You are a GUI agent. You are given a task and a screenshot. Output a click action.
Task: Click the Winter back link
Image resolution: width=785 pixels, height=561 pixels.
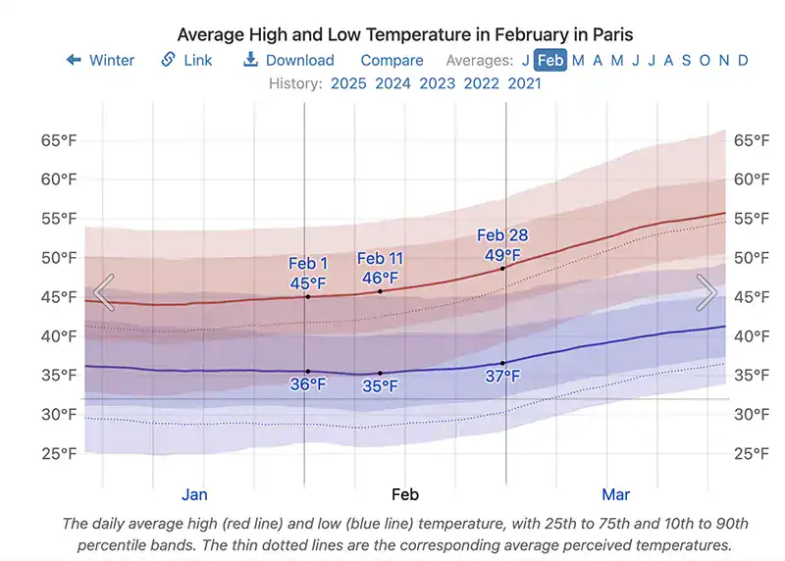coord(101,60)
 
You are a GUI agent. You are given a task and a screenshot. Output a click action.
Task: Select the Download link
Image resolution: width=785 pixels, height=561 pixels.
coord(288,60)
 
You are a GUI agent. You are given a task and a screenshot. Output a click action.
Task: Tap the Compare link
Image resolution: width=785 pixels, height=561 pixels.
coord(392,60)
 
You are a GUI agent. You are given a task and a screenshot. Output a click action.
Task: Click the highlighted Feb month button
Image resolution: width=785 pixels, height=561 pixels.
coord(550,60)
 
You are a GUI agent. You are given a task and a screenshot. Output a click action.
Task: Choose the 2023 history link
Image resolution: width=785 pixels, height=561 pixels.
coord(437,83)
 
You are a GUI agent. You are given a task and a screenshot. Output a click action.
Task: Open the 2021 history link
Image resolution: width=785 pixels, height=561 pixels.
coord(524,83)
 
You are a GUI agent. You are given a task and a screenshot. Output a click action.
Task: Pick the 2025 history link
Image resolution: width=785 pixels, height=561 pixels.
coord(348,83)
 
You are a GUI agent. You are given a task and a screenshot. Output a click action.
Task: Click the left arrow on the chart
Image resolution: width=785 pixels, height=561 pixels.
coord(104,292)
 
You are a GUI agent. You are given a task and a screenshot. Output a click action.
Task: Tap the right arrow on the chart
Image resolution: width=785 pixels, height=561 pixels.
coord(706,292)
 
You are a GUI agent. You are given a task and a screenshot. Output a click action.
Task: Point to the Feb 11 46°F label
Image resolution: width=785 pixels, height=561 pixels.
coord(380,268)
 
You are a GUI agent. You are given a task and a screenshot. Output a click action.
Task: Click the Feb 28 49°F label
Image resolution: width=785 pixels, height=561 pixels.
coord(502,245)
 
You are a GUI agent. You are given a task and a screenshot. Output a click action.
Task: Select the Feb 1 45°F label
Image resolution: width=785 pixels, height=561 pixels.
coord(308,274)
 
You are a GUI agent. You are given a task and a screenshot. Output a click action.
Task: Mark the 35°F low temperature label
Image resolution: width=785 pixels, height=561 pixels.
coord(380,386)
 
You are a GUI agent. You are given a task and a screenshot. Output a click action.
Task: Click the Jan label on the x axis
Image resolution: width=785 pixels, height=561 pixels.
coord(194,494)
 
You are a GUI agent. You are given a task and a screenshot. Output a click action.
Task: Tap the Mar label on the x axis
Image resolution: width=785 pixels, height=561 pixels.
coord(615,494)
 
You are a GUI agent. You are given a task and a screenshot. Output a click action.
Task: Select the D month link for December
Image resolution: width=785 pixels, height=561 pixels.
coord(743,60)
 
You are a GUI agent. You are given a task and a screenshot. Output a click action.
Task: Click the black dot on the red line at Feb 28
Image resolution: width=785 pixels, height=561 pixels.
coord(503,268)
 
